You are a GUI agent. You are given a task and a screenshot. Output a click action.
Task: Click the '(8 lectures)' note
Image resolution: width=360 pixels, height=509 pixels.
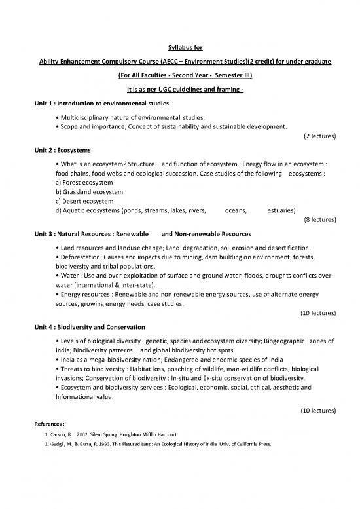320,221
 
